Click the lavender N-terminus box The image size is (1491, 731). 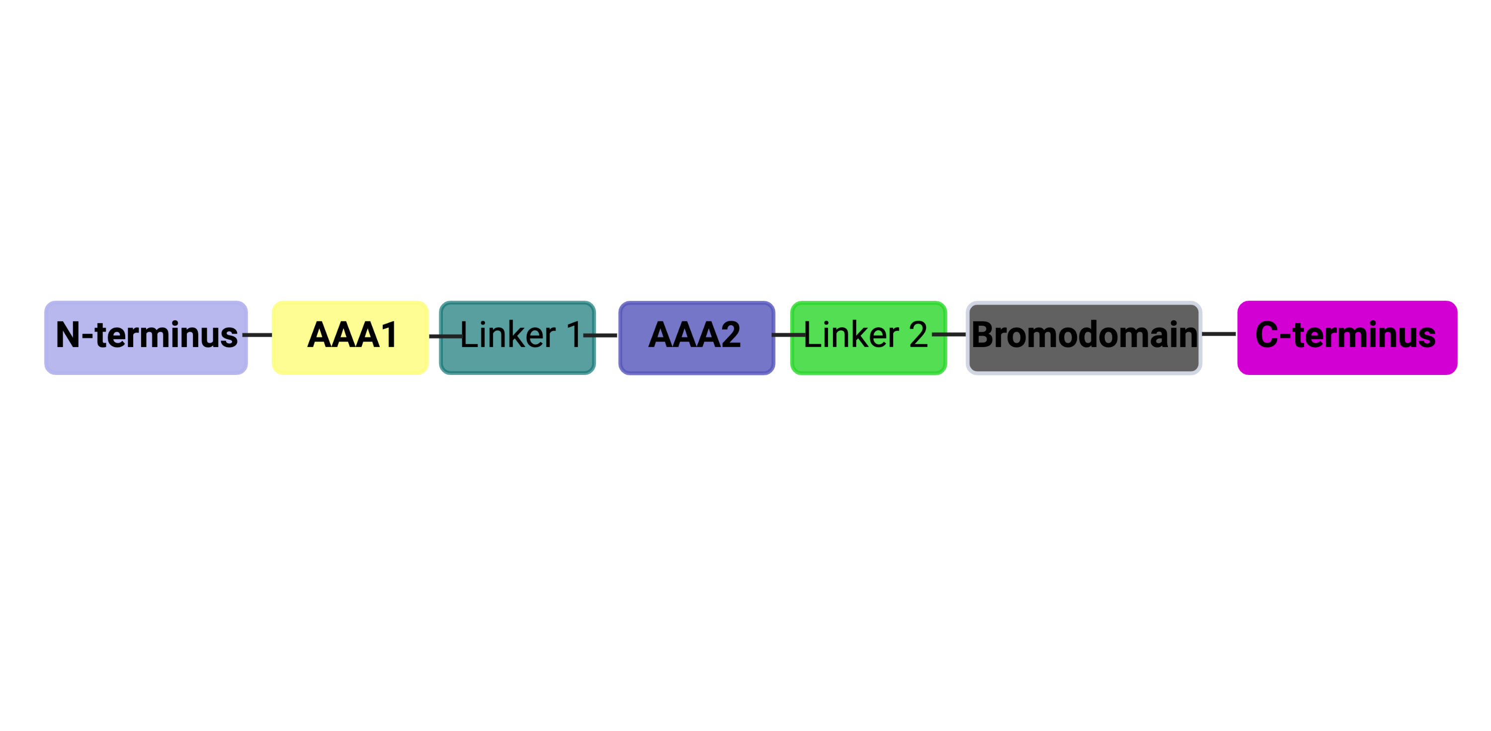[146, 338]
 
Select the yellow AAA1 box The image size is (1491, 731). [350, 338]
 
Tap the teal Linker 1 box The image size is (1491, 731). [517, 338]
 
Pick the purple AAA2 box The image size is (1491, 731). [697, 338]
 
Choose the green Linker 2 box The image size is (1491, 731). [869, 338]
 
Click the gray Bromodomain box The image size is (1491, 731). [1084, 338]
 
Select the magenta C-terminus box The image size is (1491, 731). [1347, 338]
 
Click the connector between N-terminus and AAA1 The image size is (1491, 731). [257, 335]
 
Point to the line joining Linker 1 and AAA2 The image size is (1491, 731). [600, 335]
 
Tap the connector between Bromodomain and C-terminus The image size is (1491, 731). [1219, 334]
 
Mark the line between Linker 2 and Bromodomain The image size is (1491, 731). [949, 334]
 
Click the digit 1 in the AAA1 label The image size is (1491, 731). [390, 335]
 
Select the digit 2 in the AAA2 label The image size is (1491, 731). [731, 335]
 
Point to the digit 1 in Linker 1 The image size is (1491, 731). [574, 335]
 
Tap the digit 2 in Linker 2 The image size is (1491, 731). [918, 335]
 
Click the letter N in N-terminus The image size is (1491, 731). [68, 335]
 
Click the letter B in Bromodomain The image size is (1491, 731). [983, 335]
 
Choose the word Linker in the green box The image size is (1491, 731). [851, 335]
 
